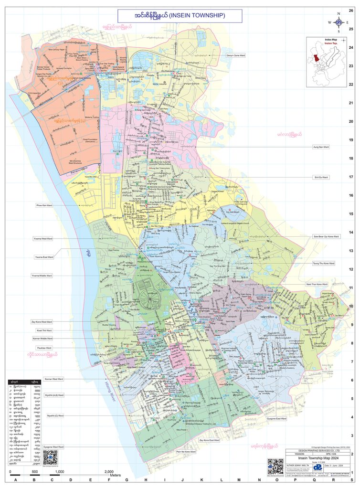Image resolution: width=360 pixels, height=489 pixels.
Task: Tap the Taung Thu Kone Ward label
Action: click(x=324, y=263)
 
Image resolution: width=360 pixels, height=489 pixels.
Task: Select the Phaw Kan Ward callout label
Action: click(x=44, y=205)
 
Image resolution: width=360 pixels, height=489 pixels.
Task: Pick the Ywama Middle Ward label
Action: click(x=42, y=276)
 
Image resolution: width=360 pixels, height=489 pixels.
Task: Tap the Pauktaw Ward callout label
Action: click(x=44, y=348)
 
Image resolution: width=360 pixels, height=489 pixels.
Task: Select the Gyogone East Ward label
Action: click(x=276, y=418)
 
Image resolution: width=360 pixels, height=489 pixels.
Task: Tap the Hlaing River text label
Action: click(x=111, y=392)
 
